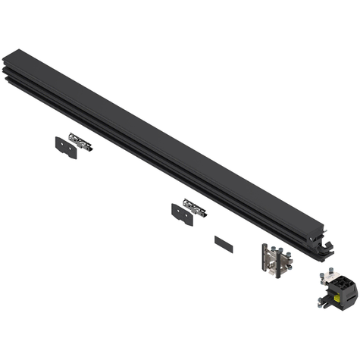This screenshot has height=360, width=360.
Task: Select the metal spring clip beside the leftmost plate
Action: (80, 139)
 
